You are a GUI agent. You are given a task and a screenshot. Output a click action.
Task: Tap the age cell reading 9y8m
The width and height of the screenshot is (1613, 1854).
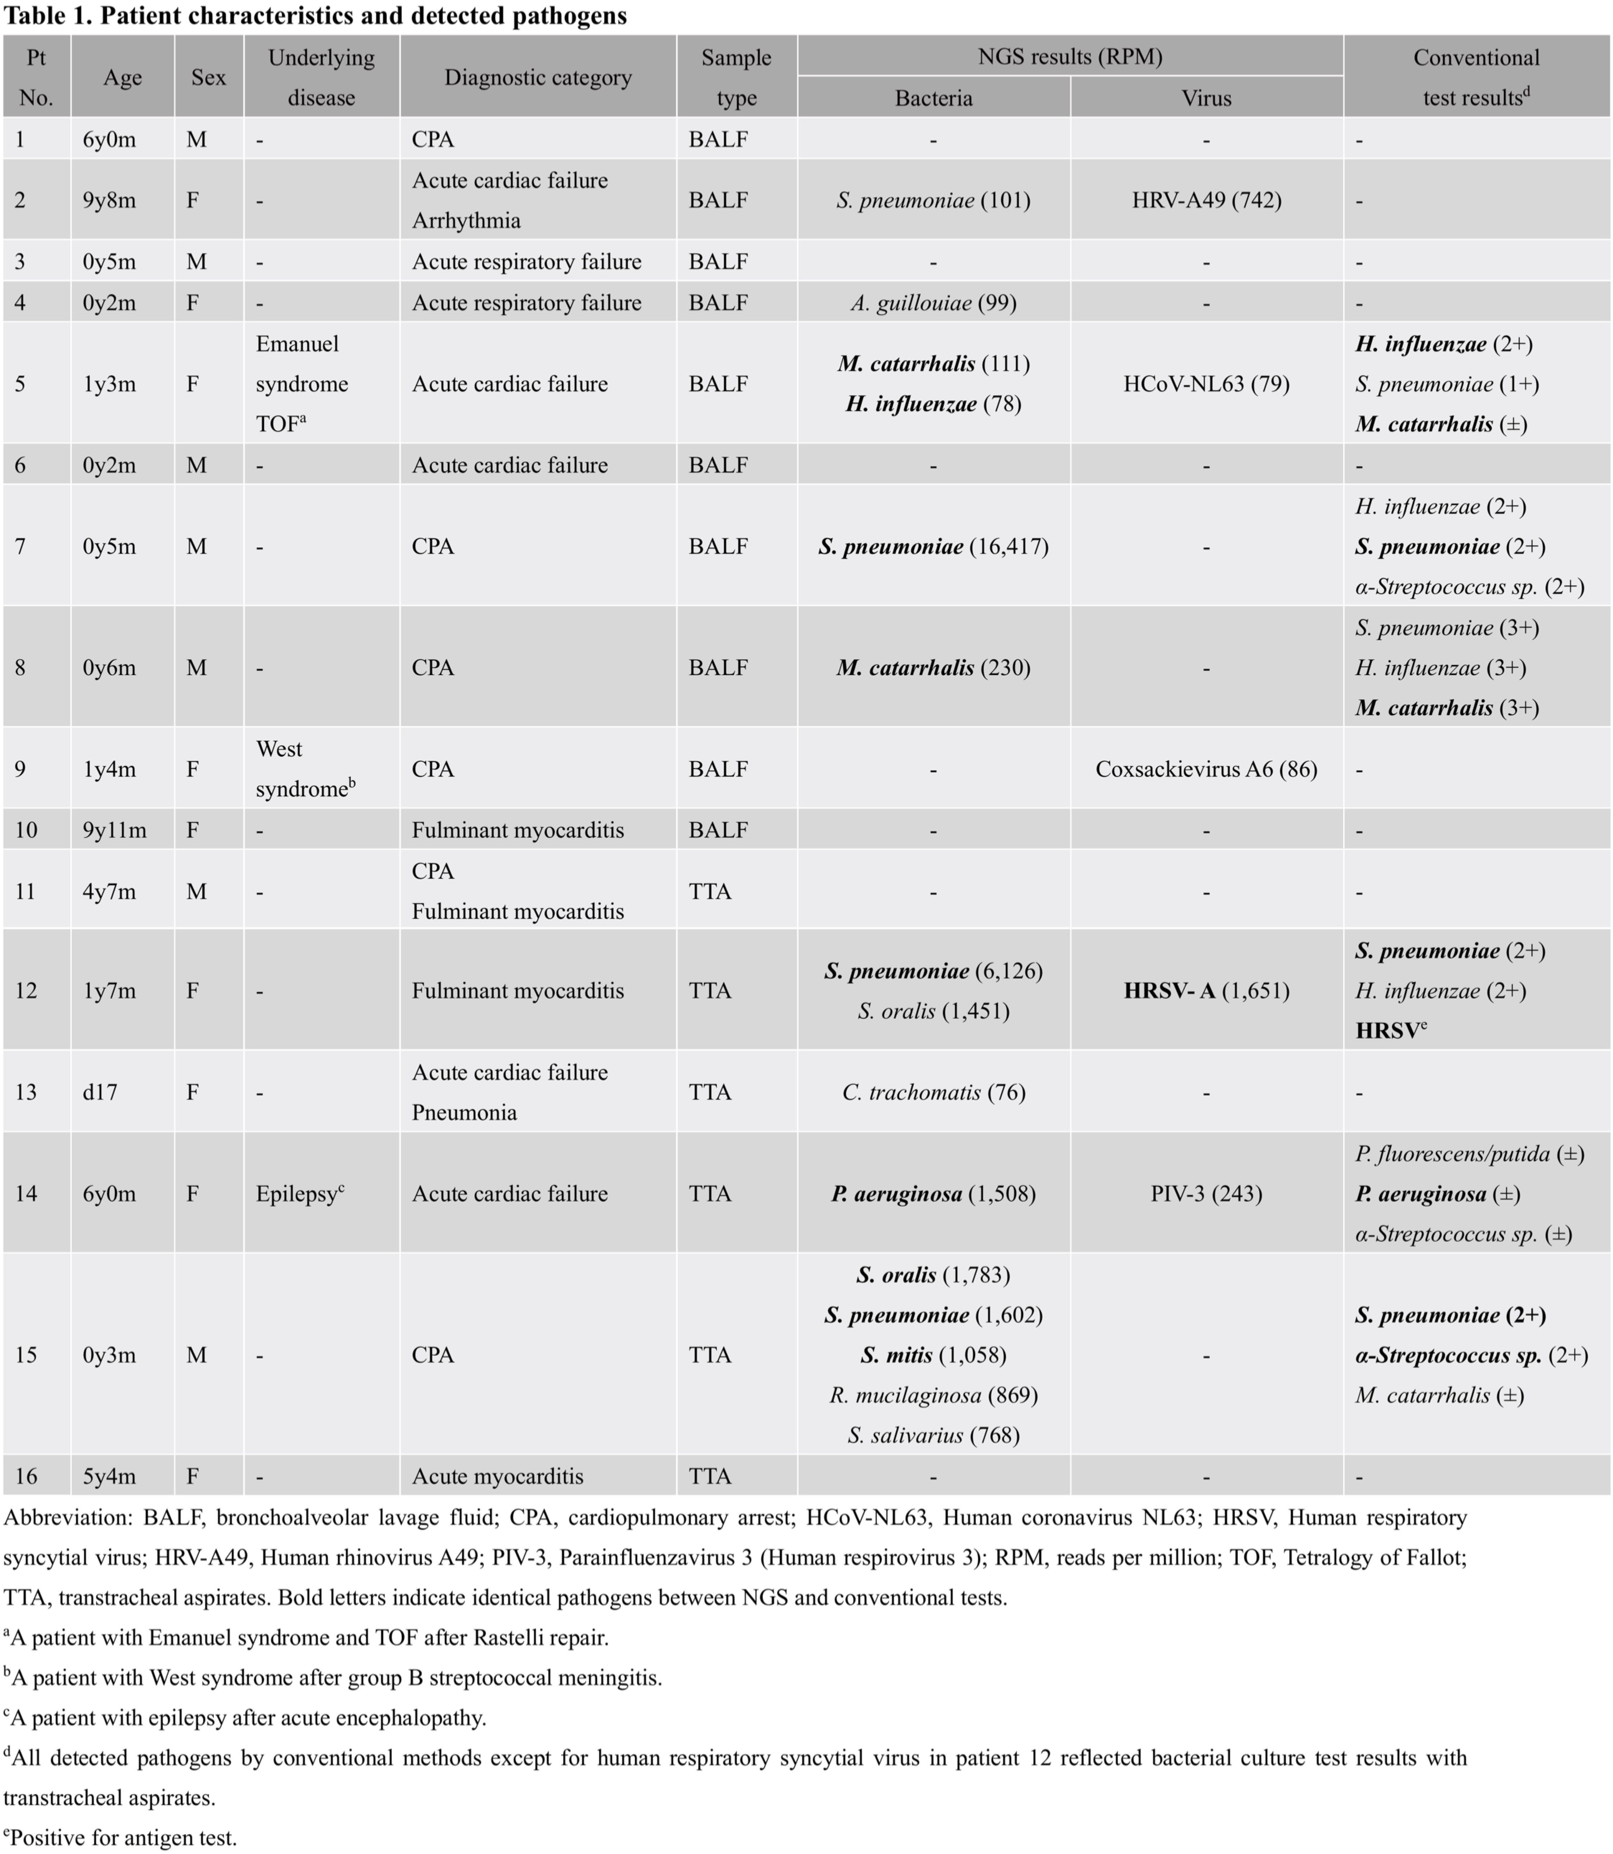click(110, 200)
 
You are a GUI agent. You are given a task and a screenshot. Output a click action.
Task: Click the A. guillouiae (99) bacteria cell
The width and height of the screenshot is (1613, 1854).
click(934, 302)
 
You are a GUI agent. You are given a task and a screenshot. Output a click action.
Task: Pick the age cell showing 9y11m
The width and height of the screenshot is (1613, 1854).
click(114, 830)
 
